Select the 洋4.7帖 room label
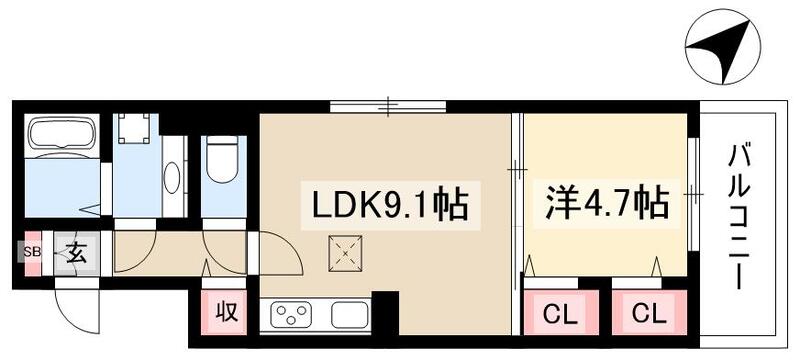605,205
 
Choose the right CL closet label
647,313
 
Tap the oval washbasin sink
172,178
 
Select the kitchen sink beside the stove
350,316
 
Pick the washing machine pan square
137,130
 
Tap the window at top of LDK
388,104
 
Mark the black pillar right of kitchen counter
385,312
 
